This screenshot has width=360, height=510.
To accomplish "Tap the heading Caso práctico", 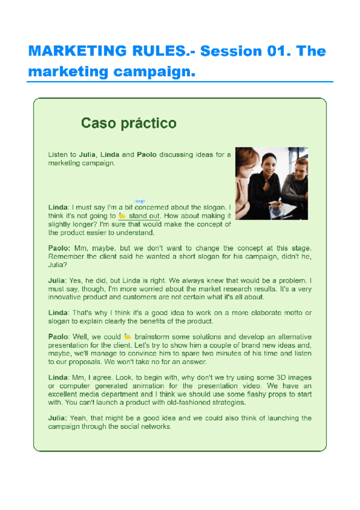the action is tap(129, 124).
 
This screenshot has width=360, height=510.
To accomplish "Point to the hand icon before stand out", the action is tap(122, 215).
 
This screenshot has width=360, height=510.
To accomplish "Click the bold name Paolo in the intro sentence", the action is tap(146, 155).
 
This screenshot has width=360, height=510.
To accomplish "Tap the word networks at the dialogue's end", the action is tap(155, 426).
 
